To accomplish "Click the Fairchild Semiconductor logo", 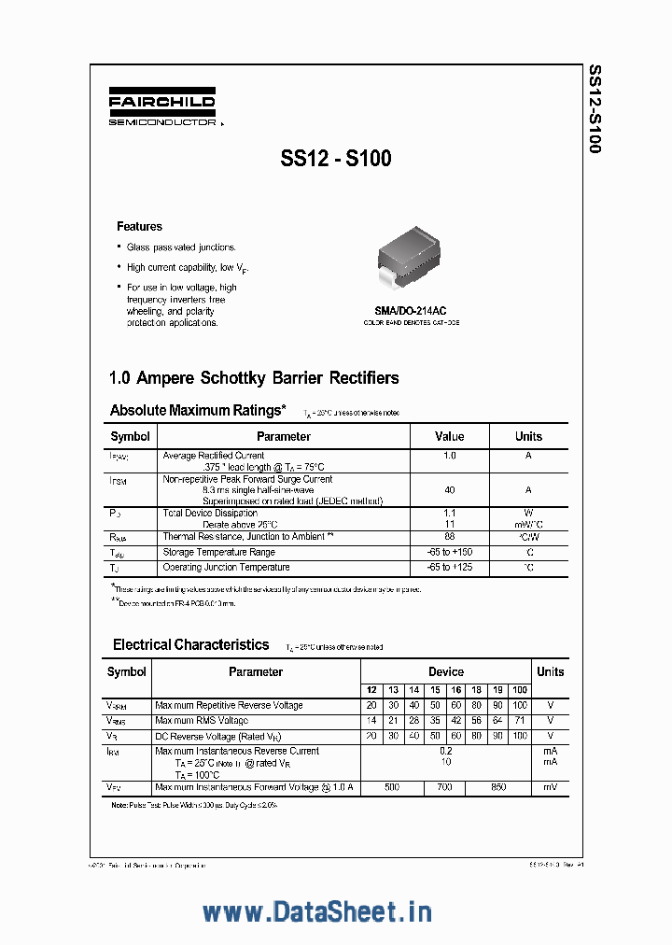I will coord(162,108).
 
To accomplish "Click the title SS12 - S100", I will coord(336,159).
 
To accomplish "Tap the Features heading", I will coord(139,226).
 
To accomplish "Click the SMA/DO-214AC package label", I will coord(411,311).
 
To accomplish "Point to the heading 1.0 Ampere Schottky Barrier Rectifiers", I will coord(254,378).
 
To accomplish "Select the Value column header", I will coord(450,436).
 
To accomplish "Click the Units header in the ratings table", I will coord(528,436).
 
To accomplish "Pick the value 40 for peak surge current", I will coord(450,489).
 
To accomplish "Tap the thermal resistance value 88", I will coord(450,536).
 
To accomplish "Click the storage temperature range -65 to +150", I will coord(450,552).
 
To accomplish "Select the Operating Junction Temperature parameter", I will coord(226,567).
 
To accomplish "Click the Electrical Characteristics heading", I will coord(190,644).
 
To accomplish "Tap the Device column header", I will coord(445,671).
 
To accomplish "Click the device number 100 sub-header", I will coord(520,690).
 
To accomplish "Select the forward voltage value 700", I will coord(444,787).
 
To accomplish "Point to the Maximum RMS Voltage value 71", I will coord(520,721).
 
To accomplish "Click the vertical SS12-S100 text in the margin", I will coord(595,108).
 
